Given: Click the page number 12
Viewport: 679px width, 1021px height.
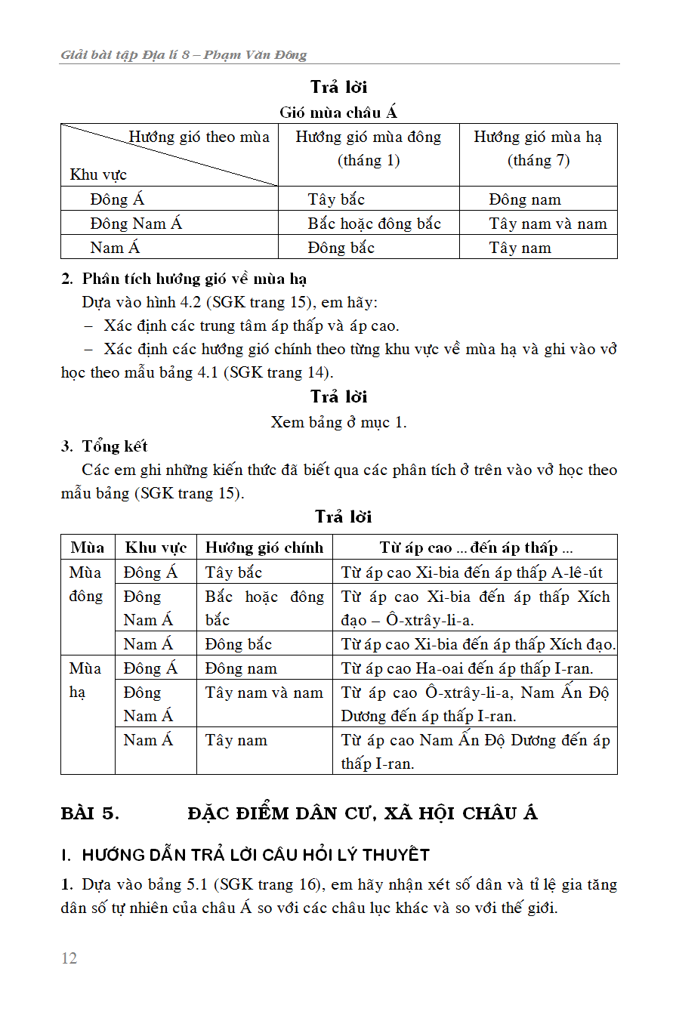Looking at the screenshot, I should pos(69,958).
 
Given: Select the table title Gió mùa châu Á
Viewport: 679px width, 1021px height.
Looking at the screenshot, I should pos(338,113).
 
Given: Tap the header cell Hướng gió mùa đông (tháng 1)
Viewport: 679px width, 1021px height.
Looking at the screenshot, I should pos(369,148).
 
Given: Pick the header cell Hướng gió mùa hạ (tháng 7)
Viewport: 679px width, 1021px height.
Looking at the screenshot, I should pos(538,148).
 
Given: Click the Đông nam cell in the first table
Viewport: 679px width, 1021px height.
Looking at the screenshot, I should pos(525,200).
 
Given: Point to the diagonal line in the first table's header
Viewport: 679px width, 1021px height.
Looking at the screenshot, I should pos(170,155).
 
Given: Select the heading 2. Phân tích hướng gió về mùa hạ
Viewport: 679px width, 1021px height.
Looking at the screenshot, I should pos(184,279).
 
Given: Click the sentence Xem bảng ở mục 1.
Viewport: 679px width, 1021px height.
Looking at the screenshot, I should pos(338,422).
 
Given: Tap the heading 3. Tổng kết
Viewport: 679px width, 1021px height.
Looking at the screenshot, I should pos(104,446).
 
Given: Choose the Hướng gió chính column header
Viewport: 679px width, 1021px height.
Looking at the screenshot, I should pos(264,548).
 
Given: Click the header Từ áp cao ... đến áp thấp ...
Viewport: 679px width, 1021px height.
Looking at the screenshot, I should pos(476,548).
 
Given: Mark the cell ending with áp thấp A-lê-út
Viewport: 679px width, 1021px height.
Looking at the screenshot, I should pos(472,572).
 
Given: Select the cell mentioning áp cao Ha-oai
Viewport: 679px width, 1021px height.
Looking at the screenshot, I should pos(467,668).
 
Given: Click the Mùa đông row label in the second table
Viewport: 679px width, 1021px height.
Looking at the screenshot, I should pos(86,585).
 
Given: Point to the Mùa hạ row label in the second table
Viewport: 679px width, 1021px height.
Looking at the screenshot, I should pos(85,680).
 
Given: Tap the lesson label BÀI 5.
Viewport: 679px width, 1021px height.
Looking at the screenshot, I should pos(90,813).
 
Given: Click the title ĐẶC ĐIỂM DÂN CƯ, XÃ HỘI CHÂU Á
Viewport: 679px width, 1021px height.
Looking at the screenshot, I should pos(363,813).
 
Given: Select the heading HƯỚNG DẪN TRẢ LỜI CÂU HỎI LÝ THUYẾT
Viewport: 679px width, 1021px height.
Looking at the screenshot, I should pos(246,855).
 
